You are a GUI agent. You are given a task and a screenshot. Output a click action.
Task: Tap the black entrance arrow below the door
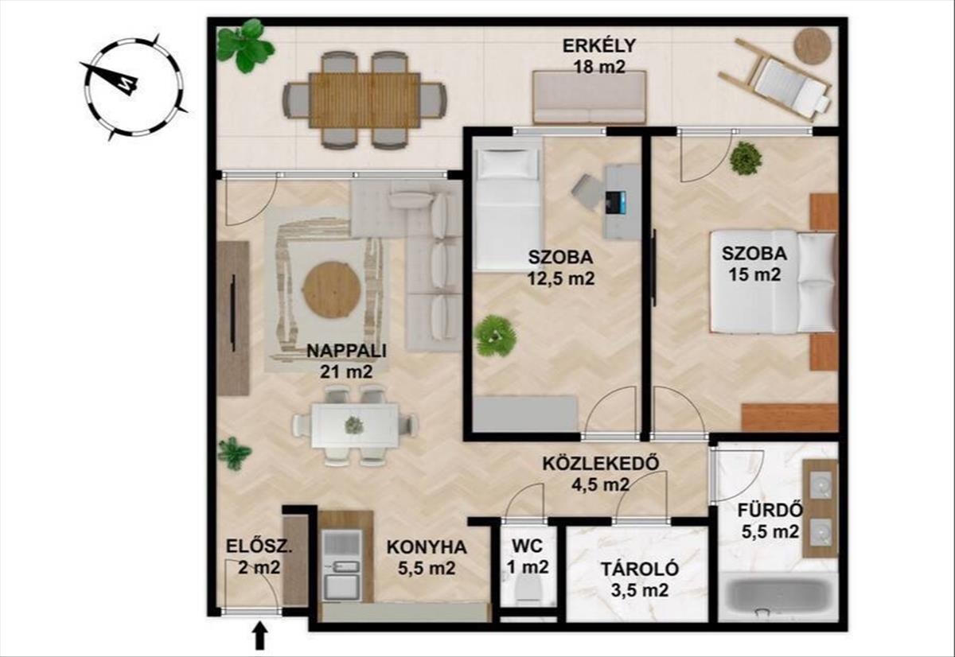[x=260, y=636]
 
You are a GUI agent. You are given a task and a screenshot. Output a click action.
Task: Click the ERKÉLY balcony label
[x=599, y=46]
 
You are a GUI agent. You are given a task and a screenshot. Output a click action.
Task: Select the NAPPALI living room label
[x=346, y=351]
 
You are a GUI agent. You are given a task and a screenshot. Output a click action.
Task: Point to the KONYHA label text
[x=427, y=547]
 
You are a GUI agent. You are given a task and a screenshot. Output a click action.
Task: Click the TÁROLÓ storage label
[x=640, y=570]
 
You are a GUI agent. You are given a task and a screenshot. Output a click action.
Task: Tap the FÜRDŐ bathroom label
[x=770, y=510]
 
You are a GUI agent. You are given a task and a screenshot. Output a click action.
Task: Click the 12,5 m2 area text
[x=560, y=278]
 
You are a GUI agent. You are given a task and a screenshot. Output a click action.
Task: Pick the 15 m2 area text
[x=754, y=274]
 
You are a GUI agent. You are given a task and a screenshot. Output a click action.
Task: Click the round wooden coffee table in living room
[x=333, y=290]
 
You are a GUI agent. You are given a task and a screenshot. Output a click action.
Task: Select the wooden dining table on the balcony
[x=365, y=100]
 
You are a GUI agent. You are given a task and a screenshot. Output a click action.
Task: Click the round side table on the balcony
[x=813, y=46]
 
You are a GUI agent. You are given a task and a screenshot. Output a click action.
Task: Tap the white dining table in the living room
[x=355, y=426]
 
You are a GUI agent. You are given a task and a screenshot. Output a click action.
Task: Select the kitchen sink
[x=342, y=566]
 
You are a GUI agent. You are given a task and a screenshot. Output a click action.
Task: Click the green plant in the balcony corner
[x=244, y=45]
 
